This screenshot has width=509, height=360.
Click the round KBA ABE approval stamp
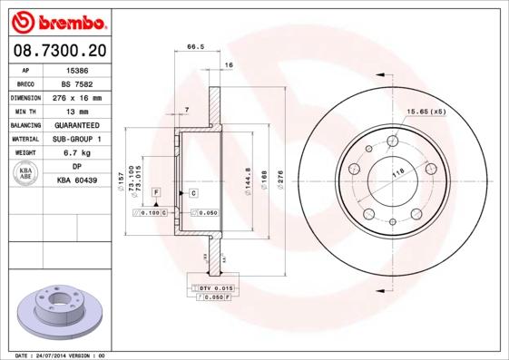coord(26,174)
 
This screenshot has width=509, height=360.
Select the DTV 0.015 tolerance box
coord(211,287)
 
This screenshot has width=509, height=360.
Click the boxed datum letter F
coord(156,193)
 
